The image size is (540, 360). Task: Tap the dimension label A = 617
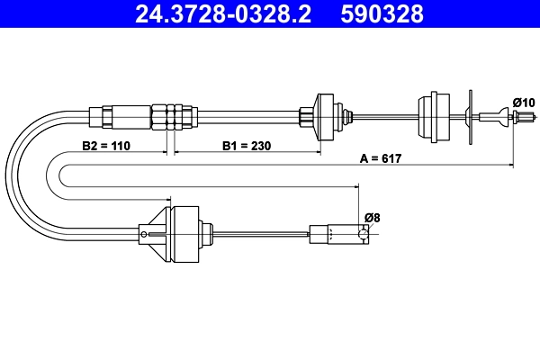[380, 157]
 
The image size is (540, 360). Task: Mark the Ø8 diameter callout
[372, 217]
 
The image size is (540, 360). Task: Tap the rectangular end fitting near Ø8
[338, 234]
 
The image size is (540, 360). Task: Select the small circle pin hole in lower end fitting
[364, 234]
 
